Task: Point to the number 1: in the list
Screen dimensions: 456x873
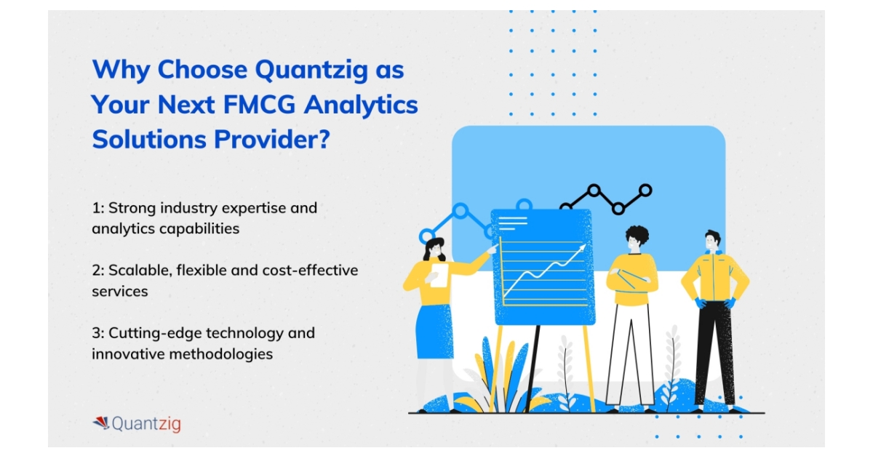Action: coord(98,208)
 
